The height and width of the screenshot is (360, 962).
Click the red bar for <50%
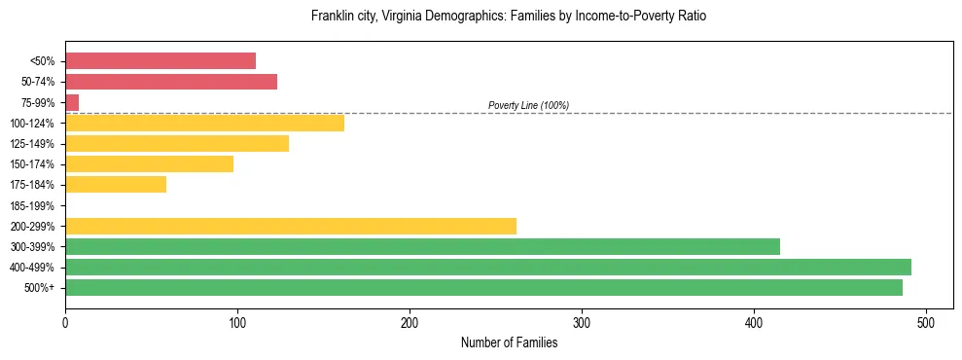(x=160, y=61)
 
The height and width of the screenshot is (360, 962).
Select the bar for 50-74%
(x=171, y=82)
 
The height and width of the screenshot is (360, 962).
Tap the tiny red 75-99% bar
(x=72, y=102)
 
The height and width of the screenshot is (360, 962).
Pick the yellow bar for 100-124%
(x=204, y=123)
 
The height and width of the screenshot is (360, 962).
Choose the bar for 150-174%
(x=149, y=163)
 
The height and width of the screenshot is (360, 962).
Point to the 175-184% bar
(x=116, y=184)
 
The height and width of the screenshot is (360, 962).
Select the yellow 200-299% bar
(x=291, y=226)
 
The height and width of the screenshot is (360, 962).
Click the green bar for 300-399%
(x=422, y=246)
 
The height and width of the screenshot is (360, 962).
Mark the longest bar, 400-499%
(x=488, y=267)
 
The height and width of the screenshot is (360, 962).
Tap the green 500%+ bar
(x=483, y=287)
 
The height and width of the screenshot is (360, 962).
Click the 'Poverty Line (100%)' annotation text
(x=528, y=105)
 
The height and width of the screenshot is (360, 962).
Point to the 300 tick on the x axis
(x=582, y=322)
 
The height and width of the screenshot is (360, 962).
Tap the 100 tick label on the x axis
(x=237, y=322)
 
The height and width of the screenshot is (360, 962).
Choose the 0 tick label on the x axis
(x=65, y=322)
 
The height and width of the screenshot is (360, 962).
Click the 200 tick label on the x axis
(x=410, y=322)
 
